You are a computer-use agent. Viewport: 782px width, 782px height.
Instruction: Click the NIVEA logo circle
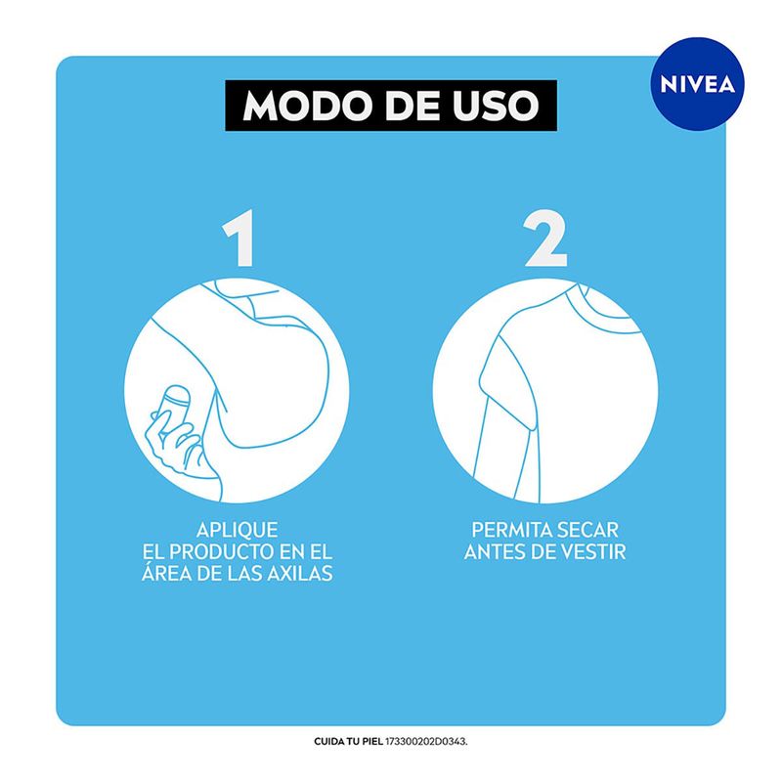pos(697,84)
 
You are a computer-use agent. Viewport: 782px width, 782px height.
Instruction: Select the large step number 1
pos(239,238)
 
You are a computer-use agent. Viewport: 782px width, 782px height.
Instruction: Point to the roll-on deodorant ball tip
pos(178,393)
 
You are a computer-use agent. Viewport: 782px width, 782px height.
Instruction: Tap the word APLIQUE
pos(237,530)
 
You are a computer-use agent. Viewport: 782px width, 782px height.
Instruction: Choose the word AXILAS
pos(300,574)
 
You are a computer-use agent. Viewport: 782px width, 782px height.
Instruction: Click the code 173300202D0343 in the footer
pos(426,742)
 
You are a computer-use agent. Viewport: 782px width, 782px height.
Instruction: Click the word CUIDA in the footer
pos(327,742)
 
